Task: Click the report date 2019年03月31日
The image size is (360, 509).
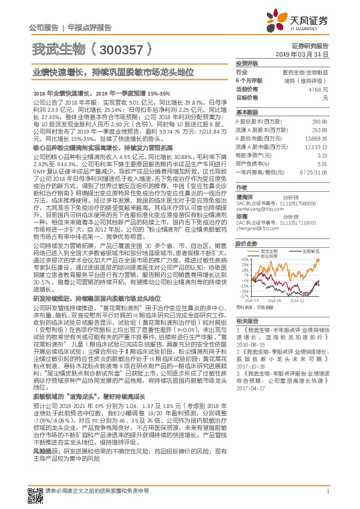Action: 306,54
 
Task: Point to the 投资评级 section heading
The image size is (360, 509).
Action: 247,63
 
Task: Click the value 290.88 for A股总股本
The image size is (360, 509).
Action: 321,122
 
